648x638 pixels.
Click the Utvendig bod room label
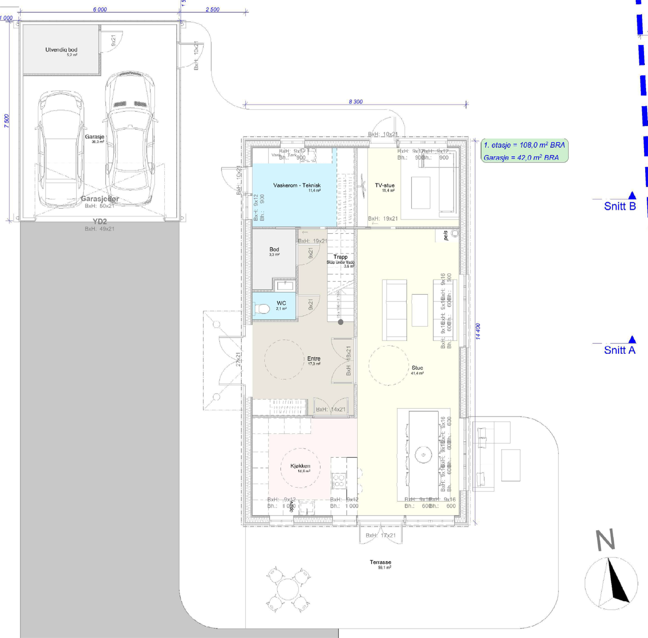pyautogui.click(x=61, y=50)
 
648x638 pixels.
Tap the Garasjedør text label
pyautogui.click(x=100, y=199)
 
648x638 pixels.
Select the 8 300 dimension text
pyautogui.click(x=356, y=102)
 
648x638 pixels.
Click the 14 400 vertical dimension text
pyautogui.click(x=478, y=331)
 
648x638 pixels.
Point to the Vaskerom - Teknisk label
pyautogui.click(x=296, y=185)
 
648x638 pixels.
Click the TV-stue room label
pyautogui.click(x=384, y=185)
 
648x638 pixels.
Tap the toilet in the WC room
pyautogui.click(x=262, y=309)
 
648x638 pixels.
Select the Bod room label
pyautogui.click(x=274, y=250)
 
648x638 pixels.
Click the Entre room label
pyautogui.click(x=313, y=359)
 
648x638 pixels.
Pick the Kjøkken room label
pyautogui.click(x=300, y=466)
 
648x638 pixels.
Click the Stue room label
pyautogui.click(x=417, y=368)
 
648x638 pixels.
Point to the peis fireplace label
pyautogui.click(x=446, y=236)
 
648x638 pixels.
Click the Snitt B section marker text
pyautogui.click(x=620, y=206)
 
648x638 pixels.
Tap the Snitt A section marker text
pyautogui.click(x=620, y=350)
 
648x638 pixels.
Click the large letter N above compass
pyautogui.click(x=605, y=540)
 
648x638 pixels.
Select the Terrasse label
pyautogui.click(x=380, y=562)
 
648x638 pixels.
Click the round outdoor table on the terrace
pyautogui.click(x=288, y=589)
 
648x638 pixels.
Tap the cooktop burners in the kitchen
pyautogui.click(x=339, y=481)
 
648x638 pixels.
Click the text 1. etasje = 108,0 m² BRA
pyautogui.click(x=524, y=145)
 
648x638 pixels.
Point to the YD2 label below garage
pyautogui.click(x=100, y=221)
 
